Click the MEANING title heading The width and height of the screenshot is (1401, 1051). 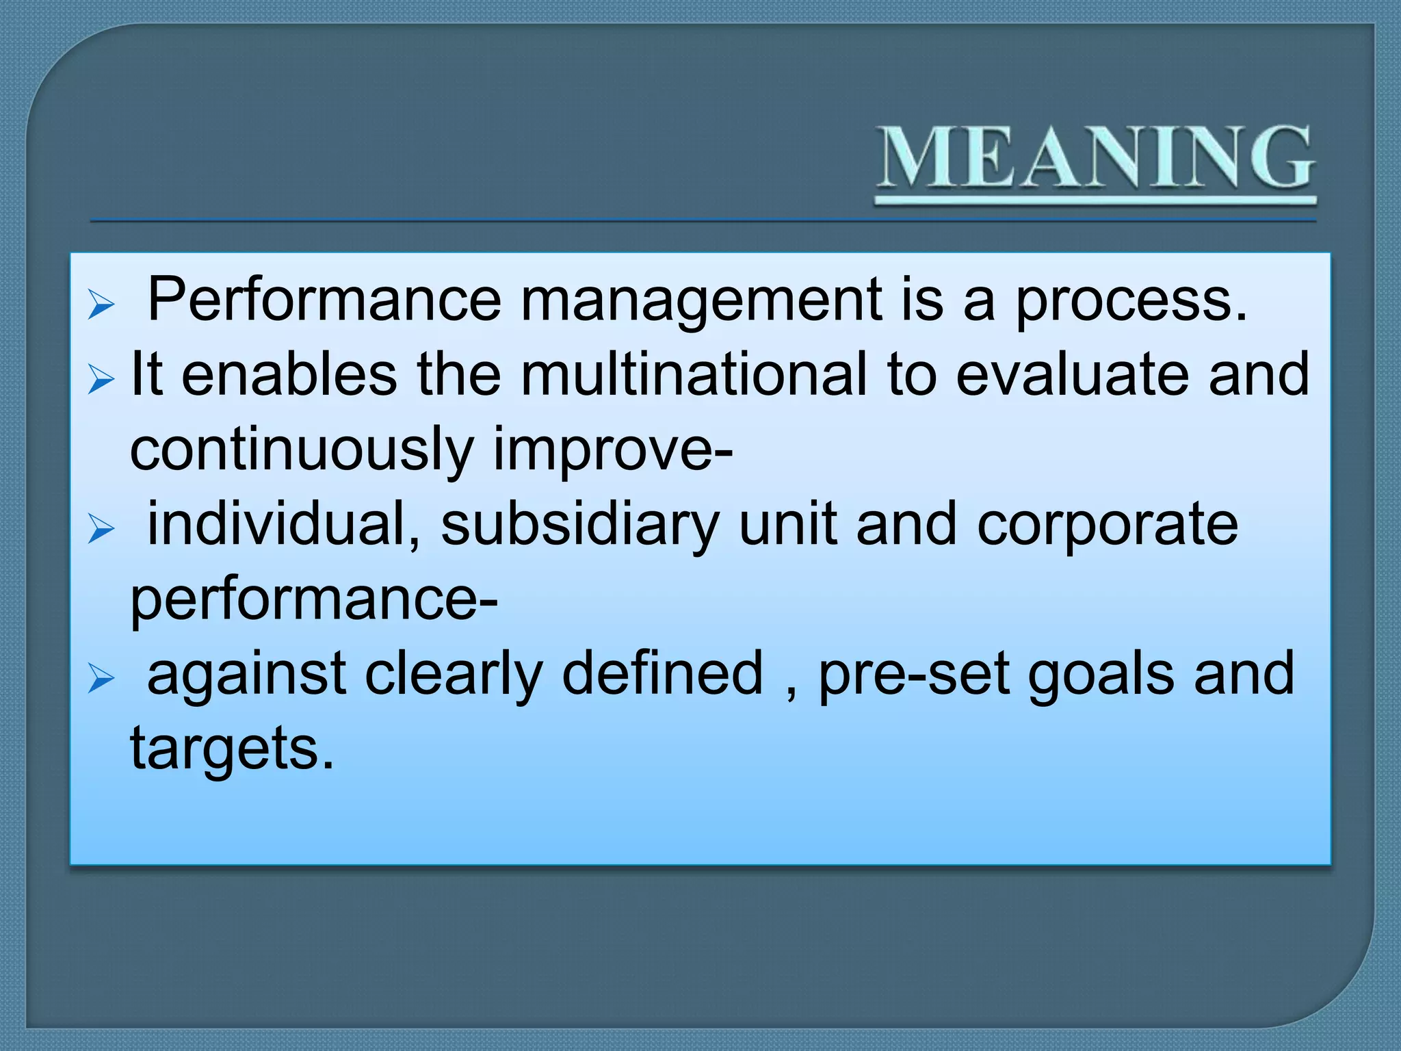pyautogui.click(x=1095, y=159)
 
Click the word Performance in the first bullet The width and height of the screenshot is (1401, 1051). pyautogui.click(x=324, y=300)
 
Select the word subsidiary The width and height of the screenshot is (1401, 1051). pyautogui.click(x=579, y=525)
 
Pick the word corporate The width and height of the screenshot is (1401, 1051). pyautogui.click(x=1107, y=525)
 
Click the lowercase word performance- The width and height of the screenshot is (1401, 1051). pyautogui.click(x=314, y=599)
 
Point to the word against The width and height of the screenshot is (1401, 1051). pyautogui.click(x=246, y=675)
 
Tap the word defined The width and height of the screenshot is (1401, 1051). pyautogui.click(x=662, y=673)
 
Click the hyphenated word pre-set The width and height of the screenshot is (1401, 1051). pyautogui.click(x=914, y=675)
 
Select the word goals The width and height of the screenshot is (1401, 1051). pyautogui.click(x=1101, y=675)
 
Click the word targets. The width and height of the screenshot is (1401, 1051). pyautogui.click(x=232, y=749)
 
